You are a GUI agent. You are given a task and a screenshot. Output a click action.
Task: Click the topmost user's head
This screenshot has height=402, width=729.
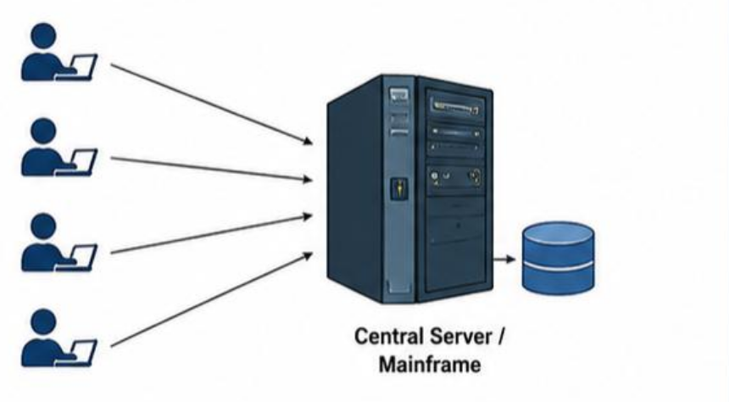(x=44, y=36)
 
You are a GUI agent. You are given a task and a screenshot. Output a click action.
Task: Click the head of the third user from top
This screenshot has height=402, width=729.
(x=44, y=226)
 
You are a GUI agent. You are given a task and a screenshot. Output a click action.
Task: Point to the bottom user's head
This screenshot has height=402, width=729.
(x=44, y=322)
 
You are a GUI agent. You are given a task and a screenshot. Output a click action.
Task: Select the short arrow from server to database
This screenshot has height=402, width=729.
(x=504, y=260)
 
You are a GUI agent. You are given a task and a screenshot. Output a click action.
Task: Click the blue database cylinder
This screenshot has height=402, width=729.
(x=558, y=258)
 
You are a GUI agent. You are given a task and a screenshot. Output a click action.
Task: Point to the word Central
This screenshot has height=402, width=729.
(x=390, y=337)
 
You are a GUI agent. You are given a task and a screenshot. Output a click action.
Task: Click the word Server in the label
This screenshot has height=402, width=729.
(x=461, y=337)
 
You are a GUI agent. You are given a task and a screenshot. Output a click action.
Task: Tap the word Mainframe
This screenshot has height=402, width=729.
(x=430, y=365)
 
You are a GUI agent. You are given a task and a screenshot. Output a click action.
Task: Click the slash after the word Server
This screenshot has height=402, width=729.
(x=500, y=337)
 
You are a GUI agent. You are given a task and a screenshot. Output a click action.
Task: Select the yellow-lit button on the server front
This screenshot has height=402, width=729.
(x=399, y=188)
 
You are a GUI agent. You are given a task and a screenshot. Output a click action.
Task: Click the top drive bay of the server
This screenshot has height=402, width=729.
(x=456, y=107)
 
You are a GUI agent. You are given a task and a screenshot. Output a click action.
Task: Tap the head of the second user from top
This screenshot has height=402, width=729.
(x=44, y=131)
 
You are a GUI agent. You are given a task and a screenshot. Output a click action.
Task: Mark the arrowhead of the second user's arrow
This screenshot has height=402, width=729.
(x=308, y=179)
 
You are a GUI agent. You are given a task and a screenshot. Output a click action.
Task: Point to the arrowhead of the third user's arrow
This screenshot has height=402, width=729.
(x=308, y=216)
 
